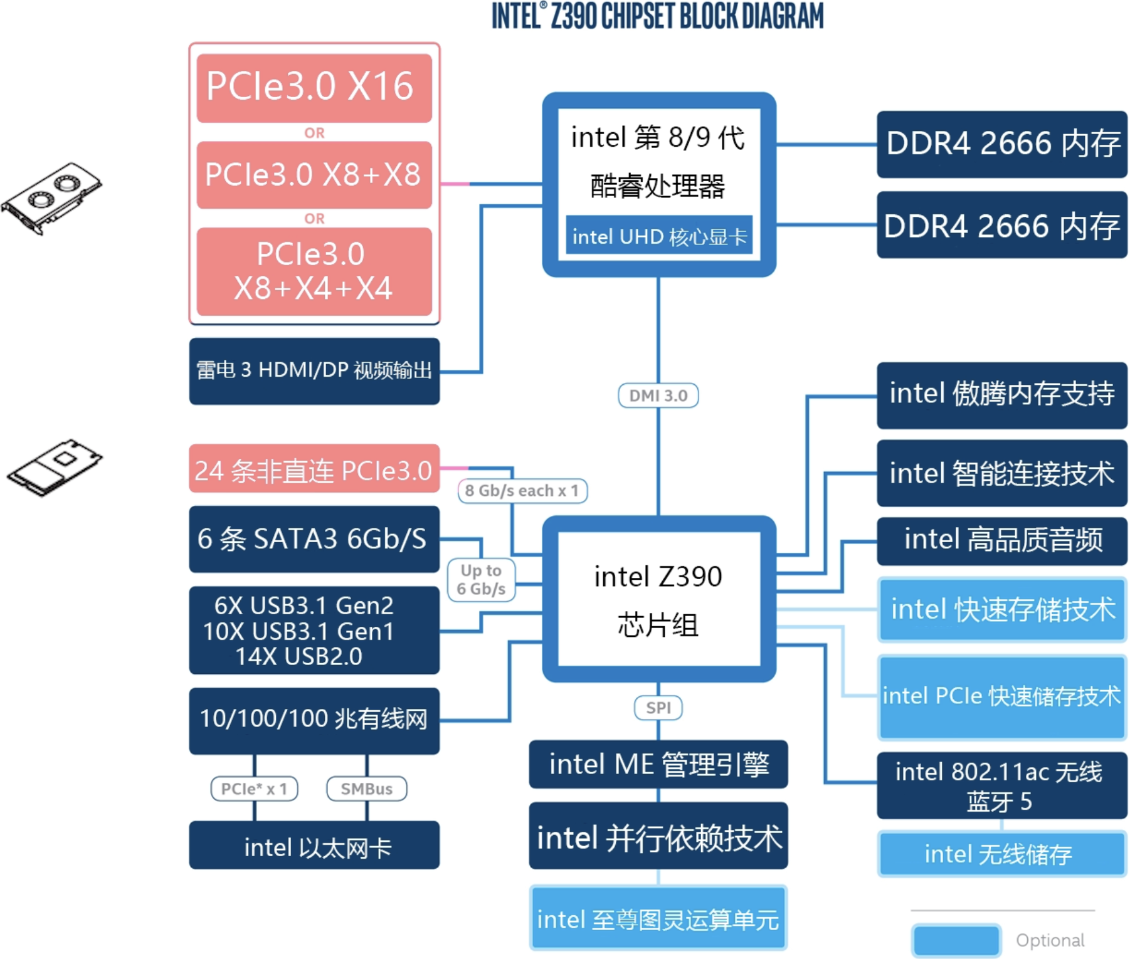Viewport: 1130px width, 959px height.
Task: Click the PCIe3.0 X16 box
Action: click(314, 88)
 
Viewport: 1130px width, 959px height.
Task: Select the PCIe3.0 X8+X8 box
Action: click(314, 175)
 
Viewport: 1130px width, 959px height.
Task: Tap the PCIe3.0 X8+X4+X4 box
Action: click(314, 271)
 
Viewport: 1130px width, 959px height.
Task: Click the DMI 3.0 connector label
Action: click(658, 396)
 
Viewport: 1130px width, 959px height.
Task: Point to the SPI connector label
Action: click(658, 708)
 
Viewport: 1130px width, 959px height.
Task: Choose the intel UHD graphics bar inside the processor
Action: click(659, 236)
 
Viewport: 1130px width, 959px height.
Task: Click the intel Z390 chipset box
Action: click(659, 599)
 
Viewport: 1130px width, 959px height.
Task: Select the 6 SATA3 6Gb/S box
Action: click(314, 539)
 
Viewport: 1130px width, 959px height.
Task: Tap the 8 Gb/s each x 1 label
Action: click(522, 491)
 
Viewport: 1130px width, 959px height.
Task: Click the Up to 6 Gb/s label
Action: click(481, 580)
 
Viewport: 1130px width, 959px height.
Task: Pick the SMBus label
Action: click(367, 789)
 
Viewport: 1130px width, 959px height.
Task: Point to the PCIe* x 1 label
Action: click(254, 789)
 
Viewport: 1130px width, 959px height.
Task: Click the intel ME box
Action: click(658, 765)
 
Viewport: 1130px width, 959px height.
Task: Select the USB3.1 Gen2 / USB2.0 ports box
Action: click(314, 631)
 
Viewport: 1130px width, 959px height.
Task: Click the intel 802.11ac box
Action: click(1001, 785)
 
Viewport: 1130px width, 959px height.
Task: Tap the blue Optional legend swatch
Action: click(956, 940)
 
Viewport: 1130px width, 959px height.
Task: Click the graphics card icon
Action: click(51, 198)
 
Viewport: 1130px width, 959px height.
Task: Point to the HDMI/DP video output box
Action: click(314, 371)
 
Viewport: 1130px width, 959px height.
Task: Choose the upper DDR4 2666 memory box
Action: click(1001, 144)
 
